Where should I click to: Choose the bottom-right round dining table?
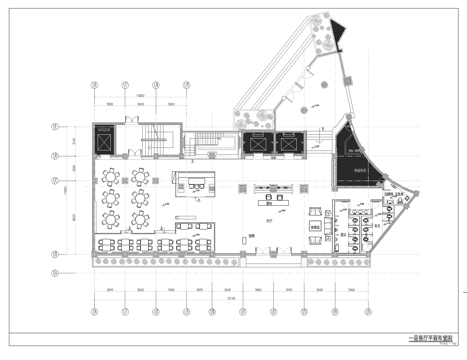139,219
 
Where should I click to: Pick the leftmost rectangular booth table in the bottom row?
102,243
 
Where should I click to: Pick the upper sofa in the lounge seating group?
316,211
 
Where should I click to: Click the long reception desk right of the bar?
271,189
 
